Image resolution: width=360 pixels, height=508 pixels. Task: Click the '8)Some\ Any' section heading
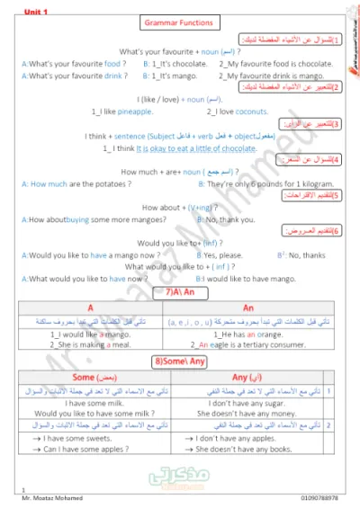click(180, 361)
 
